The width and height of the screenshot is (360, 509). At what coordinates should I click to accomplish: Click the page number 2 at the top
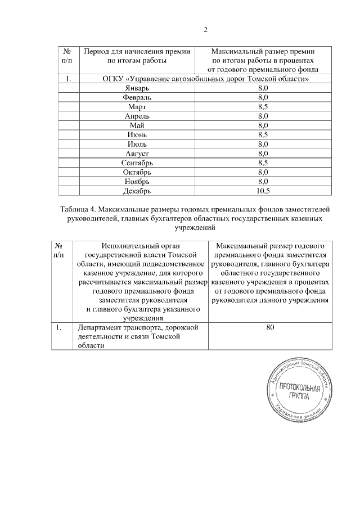(205, 30)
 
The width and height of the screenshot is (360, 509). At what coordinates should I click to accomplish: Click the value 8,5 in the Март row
(262, 106)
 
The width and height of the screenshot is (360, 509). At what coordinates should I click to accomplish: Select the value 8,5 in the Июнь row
(262, 134)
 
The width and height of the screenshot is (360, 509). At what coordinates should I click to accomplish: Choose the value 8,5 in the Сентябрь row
(262, 163)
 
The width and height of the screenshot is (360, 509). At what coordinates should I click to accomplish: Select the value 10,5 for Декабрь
(262, 191)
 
